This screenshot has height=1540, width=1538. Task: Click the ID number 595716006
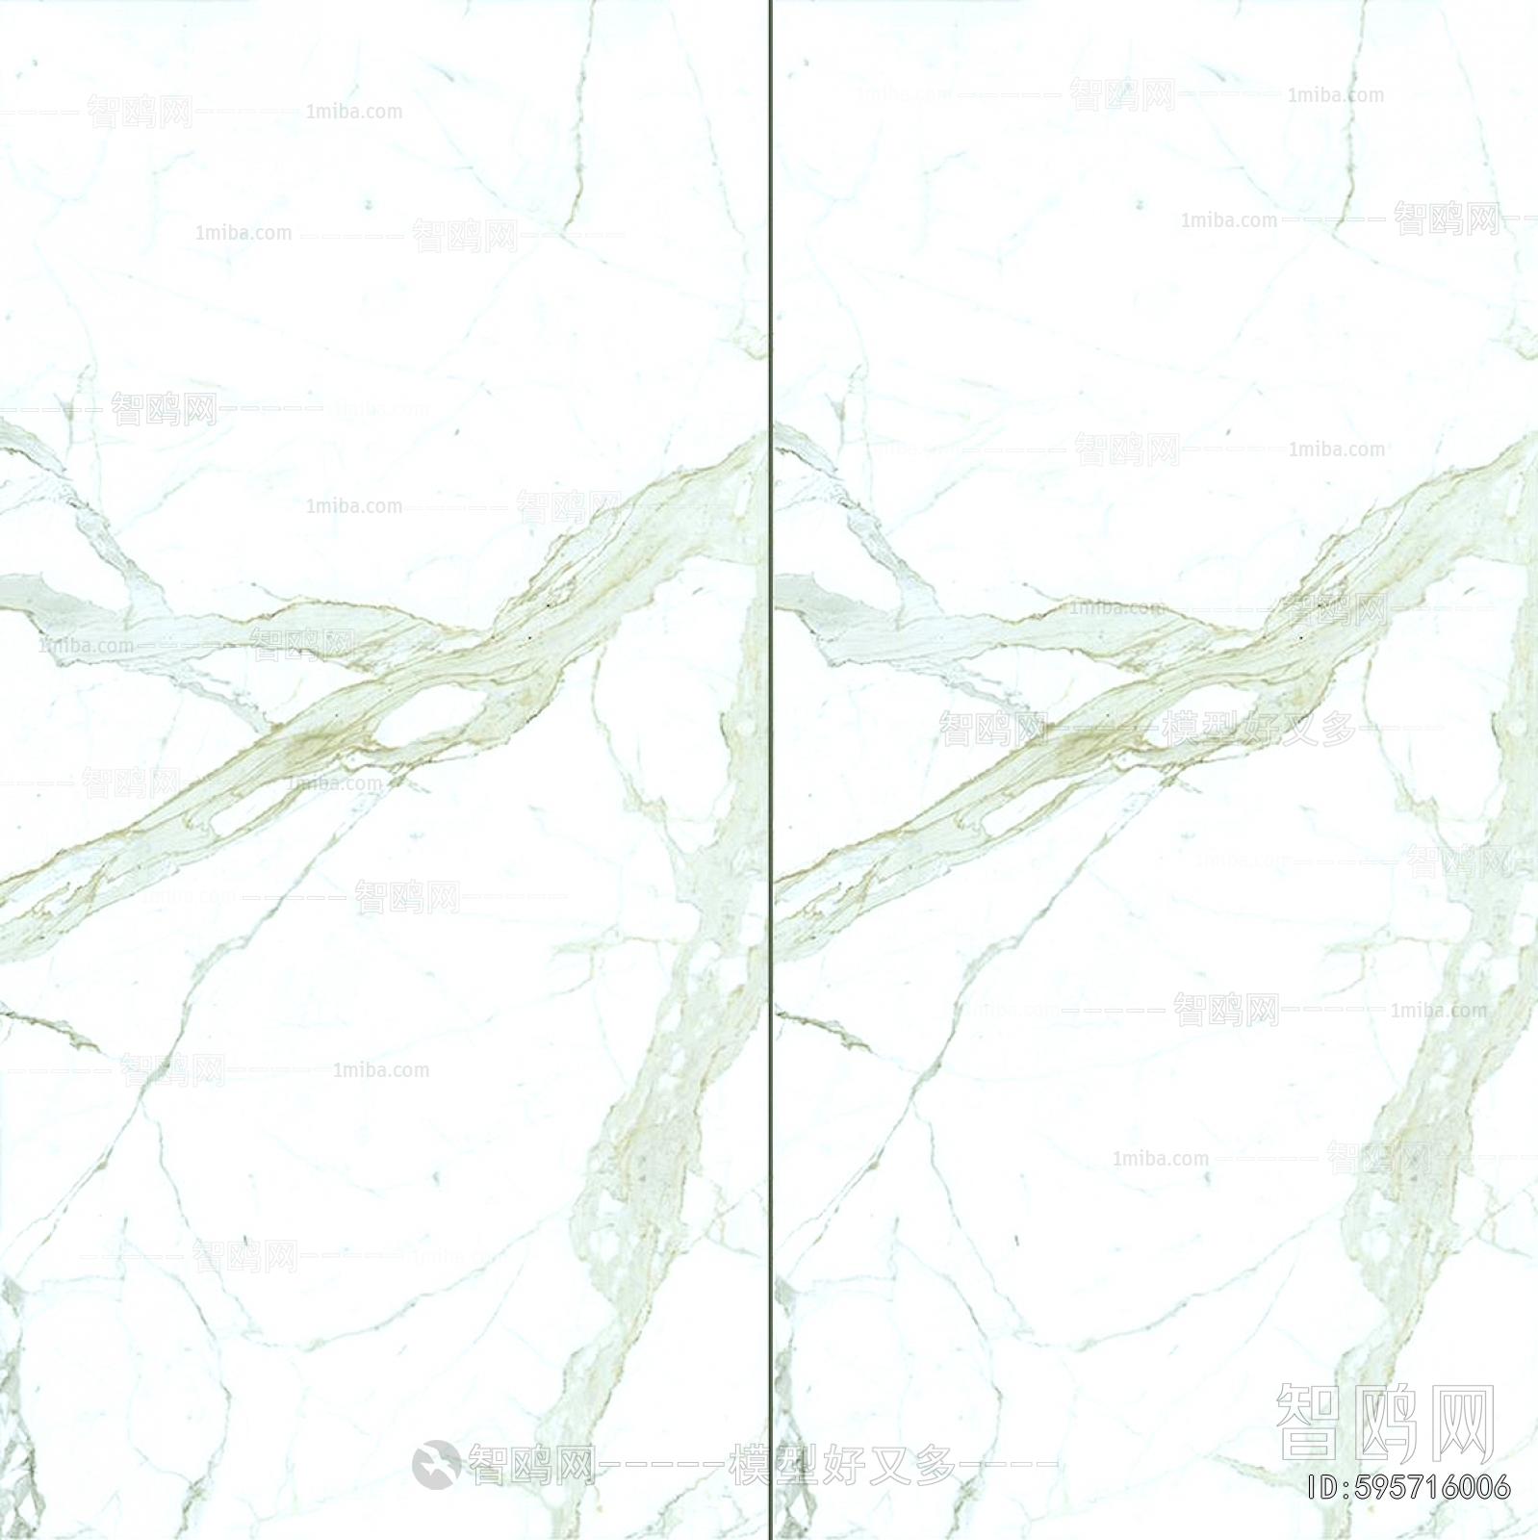point(1433,1487)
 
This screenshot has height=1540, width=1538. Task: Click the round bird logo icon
point(436,1464)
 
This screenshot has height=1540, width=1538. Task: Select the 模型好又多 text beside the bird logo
point(843,1466)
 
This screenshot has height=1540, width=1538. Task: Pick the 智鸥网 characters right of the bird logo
point(530,1466)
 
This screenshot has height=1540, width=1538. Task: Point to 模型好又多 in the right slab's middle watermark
point(1258,729)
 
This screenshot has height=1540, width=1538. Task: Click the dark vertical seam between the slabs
point(770,770)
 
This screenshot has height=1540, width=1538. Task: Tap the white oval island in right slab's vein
point(1203,717)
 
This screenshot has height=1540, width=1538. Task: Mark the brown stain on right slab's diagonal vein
point(1089,741)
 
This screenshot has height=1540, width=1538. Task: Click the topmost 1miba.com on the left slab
point(354,112)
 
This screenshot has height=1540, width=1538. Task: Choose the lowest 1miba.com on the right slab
point(1160,1159)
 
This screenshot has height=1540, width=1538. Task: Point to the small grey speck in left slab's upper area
point(367,204)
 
